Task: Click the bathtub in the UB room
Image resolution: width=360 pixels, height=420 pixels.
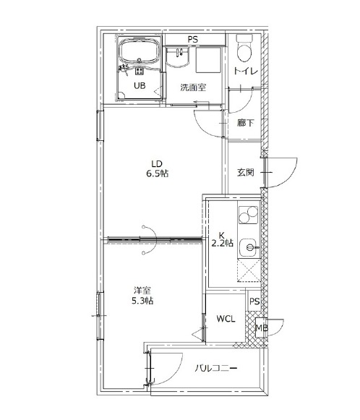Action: (139, 52)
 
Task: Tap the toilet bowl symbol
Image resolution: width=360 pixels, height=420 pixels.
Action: (244, 48)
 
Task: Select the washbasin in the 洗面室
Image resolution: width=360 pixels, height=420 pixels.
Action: (178, 57)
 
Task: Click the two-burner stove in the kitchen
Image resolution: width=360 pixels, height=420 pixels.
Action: (248, 215)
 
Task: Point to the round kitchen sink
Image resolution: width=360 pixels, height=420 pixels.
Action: (249, 247)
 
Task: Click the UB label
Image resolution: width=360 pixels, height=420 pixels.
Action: (140, 85)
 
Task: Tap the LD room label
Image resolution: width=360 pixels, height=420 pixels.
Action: (157, 163)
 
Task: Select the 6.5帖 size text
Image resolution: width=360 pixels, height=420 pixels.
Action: (158, 173)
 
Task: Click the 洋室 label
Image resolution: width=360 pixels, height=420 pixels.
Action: (142, 291)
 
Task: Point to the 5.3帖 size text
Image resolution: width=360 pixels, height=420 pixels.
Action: (142, 301)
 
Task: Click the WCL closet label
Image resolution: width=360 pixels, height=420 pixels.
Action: (226, 319)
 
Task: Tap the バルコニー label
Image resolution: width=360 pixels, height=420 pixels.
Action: (215, 368)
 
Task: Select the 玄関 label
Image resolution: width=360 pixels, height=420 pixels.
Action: (246, 172)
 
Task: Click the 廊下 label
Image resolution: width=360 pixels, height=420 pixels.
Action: (246, 123)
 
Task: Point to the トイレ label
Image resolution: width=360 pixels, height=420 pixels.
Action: (246, 72)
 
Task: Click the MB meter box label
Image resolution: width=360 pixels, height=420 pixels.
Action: (262, 327)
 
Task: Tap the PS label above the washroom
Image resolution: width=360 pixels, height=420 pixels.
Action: (192, 40)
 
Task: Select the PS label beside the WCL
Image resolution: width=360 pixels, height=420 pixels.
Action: (254, 301)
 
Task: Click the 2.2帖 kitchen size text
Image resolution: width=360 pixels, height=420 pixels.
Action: (223, 243)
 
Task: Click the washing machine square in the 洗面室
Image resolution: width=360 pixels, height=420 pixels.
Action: (209, 60)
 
